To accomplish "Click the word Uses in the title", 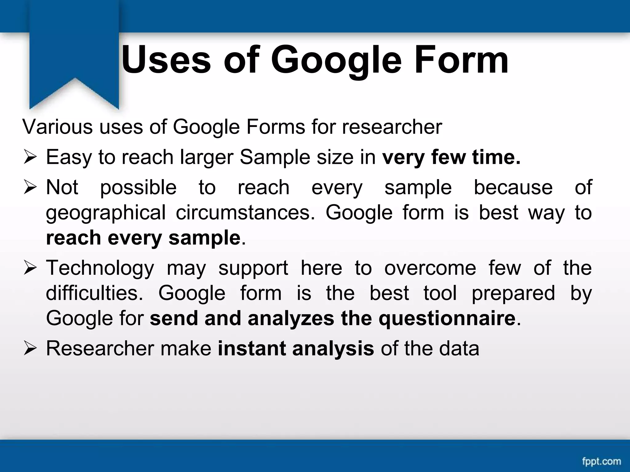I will [x=166, y=60].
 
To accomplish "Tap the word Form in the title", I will [x=461, y=60].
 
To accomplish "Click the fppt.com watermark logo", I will [x=601, y=461].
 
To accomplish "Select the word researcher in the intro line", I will [x=392, y=127].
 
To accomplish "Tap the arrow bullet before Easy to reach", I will [x=30, y=158].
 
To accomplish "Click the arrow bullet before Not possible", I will [x=30, y=188].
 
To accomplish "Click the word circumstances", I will [x=245, y=213].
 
